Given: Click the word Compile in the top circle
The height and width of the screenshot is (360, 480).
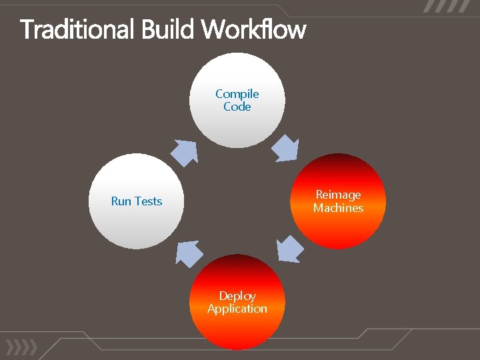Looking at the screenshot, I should point(237,94).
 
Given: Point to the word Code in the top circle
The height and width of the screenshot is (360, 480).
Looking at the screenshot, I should point(237,107).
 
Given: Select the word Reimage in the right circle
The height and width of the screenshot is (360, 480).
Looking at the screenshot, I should point(338,195).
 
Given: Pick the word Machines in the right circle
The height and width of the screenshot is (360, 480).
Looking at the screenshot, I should point(338,208).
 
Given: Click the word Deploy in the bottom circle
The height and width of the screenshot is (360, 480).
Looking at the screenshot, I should point(237,296).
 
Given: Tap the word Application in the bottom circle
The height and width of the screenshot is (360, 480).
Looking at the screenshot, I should point(237,309).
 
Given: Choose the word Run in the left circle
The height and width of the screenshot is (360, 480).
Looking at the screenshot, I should point(121,201).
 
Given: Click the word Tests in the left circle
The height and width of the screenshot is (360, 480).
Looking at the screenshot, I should point(148,201).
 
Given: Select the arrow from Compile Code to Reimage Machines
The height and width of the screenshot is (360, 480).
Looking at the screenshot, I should point(287,147).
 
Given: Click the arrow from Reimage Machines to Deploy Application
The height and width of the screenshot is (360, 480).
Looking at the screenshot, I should point(289,250).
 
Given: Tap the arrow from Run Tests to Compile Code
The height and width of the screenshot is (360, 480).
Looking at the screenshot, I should point(185,152).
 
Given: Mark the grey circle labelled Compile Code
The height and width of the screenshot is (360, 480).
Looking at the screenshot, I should point(237,127).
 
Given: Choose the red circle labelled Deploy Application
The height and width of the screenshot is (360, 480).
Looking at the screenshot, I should point(237,330).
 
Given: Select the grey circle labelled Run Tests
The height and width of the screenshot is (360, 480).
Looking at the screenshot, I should point(136,227).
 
